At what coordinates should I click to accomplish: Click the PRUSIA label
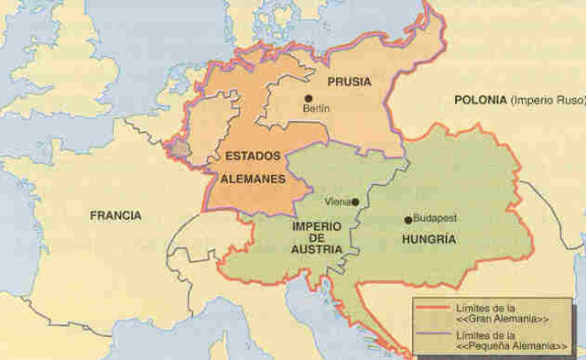click(349, 82)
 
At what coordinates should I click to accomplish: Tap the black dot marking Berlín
click(309, 97)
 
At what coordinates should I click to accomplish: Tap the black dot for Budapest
click(408, 220)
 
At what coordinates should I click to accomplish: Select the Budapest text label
click(435, 219)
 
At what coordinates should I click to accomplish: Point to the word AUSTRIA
click(317, 249)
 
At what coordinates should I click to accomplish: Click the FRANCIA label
click(115, 216)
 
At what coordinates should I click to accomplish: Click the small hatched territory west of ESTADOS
click(180, 146)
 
